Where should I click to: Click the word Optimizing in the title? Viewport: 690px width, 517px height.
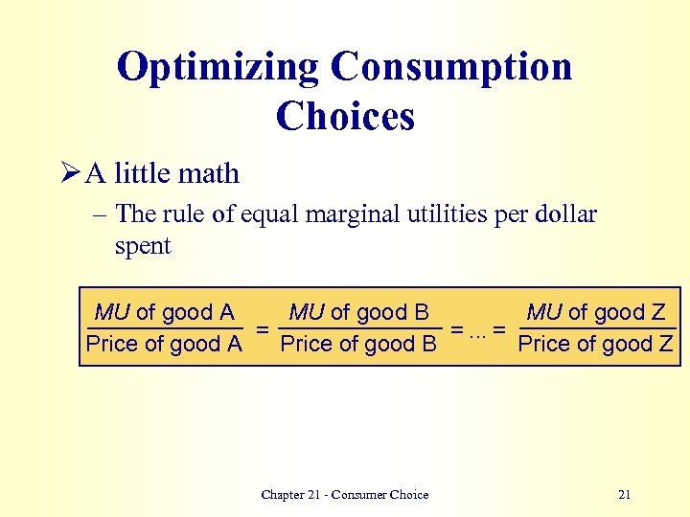(x=217, y=67)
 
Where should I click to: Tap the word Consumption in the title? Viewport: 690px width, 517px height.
(x=451, y=67)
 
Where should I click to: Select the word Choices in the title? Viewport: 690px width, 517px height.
(x=345, y=117)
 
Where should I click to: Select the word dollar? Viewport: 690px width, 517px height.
(x=566, y=214)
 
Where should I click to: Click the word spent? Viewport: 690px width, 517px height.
(x=143, y=245)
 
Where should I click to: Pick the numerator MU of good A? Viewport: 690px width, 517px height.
(x=164, y=312)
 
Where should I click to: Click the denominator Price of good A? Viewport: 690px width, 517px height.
(x=164, y=344)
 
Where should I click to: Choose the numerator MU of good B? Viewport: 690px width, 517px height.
(x=358, y=312)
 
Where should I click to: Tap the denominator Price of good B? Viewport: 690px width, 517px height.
(x=358, y=344)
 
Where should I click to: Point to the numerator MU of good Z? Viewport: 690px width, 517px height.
(x=596, y=312)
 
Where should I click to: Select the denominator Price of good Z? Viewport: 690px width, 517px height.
(x=595, y=344)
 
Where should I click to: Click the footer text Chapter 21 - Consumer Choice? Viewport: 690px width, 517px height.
(x=345, y=495)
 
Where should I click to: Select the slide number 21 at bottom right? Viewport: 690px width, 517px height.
(x=625, y=495)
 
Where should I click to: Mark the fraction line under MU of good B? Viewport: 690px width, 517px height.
(x=358, y=328)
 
